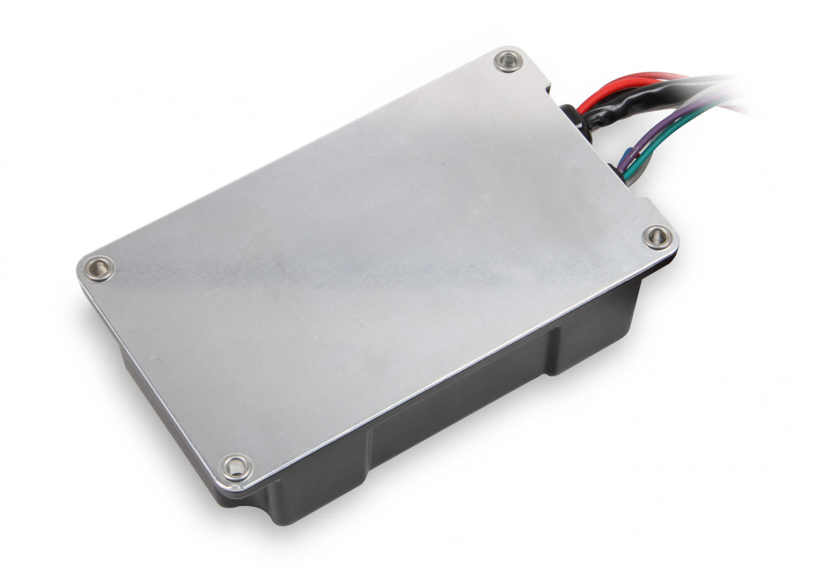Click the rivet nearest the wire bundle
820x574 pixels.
click(x=508, y=61)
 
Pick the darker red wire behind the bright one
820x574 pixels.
click(x=653, y=79)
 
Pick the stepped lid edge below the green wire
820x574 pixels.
click(x=644, y=199)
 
